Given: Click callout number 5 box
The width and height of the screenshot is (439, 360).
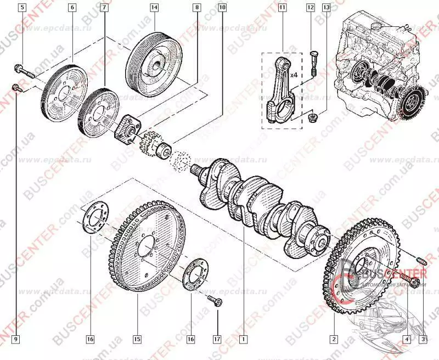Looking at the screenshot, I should point(22,8).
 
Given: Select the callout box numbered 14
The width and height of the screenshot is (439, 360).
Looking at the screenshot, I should point(154,8).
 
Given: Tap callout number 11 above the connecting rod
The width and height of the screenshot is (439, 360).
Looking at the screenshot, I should point(283,8).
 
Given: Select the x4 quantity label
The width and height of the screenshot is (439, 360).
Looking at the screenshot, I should point(294,74).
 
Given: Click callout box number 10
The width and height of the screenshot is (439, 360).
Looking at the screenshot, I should point(222,8).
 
